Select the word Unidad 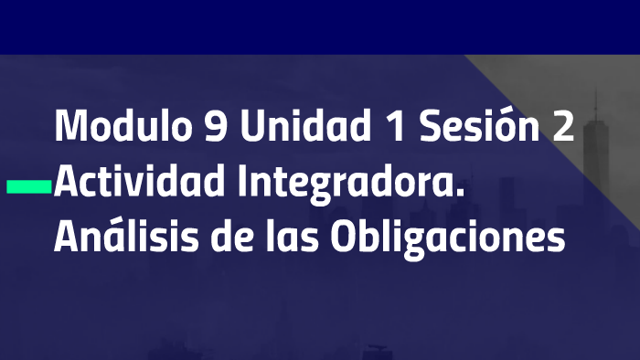tap(299, 126)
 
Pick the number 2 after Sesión tap(562, 126)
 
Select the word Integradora tap(352, 183)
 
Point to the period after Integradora tap(460, 193)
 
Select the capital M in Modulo tap(70, 126)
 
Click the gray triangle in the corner tap(585, 101)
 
